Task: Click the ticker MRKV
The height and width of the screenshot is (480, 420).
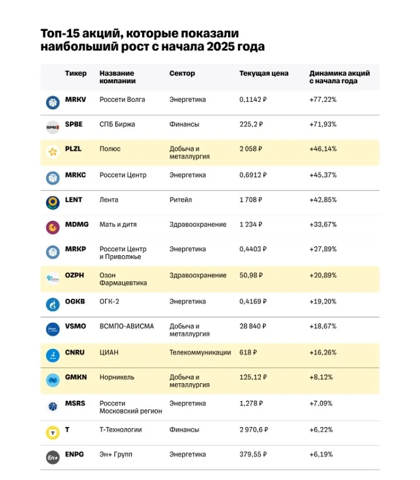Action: (75, 100)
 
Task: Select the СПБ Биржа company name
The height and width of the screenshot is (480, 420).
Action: (117, 124)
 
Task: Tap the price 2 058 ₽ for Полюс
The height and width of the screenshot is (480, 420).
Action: (251, 149)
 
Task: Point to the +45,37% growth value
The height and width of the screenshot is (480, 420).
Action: (323, 175)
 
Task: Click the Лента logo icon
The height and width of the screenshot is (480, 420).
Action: (52, 203)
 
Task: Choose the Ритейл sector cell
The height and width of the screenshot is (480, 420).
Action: (181, 200)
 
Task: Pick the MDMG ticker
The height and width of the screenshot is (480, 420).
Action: (76, 224)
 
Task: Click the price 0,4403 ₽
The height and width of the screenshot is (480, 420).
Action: (253, 249)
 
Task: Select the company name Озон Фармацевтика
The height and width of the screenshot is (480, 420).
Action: (123, 279)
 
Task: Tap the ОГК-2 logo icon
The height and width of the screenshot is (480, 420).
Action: (52, 305)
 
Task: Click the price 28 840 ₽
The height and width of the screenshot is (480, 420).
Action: (253, 326)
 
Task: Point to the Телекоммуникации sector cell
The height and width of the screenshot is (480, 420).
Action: (200, 352)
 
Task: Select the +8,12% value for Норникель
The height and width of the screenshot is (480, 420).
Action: (321, 377)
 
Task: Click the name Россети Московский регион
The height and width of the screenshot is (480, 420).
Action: (131, 407)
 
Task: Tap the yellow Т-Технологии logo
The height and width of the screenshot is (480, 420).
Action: (52, 433)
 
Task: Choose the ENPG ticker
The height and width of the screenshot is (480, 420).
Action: (75, 454)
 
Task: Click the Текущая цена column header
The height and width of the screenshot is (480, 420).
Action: (264, 73)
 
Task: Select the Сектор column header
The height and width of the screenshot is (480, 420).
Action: (182, 73)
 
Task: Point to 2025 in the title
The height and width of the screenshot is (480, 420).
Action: (219, 47)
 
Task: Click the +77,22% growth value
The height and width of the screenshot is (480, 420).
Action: (323, 100)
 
